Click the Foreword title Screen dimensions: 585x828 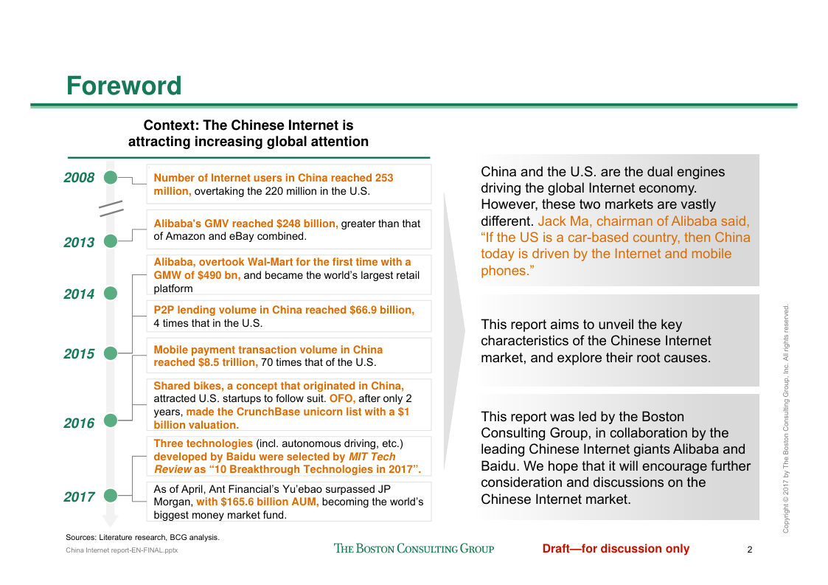pos(124,86)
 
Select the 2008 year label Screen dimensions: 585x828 pos(79,178)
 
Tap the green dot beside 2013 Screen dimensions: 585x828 pos(111,240)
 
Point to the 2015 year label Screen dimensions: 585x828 pos(79,354)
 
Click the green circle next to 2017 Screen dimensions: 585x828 pos(111,496)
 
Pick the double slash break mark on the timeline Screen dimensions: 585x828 pos(111,209)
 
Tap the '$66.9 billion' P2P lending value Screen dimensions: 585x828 pos(377,310)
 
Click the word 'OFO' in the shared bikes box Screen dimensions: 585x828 pos(341,398)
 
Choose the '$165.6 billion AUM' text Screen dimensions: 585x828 pos(257,502)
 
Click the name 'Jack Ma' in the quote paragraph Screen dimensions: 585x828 pos(564,221)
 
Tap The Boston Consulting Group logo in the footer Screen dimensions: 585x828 pos(414,548)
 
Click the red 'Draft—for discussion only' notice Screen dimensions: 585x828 pos(616,548)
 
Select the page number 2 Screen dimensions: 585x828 pos(749,549)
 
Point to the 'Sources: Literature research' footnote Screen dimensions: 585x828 pos(142,537)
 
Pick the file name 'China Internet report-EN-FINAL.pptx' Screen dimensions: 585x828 pos(122,550)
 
